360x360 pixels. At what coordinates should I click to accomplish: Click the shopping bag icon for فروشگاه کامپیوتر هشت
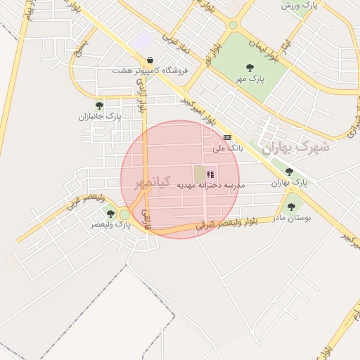(150, 60)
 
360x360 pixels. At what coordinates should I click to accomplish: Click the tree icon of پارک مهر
(250, 67)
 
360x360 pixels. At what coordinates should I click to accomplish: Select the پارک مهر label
(250, 79)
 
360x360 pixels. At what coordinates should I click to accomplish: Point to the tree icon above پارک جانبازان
(99, 105)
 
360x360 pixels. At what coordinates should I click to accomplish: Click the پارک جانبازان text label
(100, 117)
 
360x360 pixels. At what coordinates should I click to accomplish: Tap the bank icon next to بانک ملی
(226, 137)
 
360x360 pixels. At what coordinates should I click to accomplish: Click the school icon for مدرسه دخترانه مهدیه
(210, 174)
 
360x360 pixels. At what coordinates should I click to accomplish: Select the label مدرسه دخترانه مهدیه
(210, 185)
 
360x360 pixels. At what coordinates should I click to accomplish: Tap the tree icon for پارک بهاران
(289, 172)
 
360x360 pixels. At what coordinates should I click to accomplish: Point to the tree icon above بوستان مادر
(291, 207)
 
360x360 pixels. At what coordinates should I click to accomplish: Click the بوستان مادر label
(290, 218)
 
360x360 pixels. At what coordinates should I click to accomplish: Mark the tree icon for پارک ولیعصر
(110, 214)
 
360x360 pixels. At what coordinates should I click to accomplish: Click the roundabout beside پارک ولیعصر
(124, 214)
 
